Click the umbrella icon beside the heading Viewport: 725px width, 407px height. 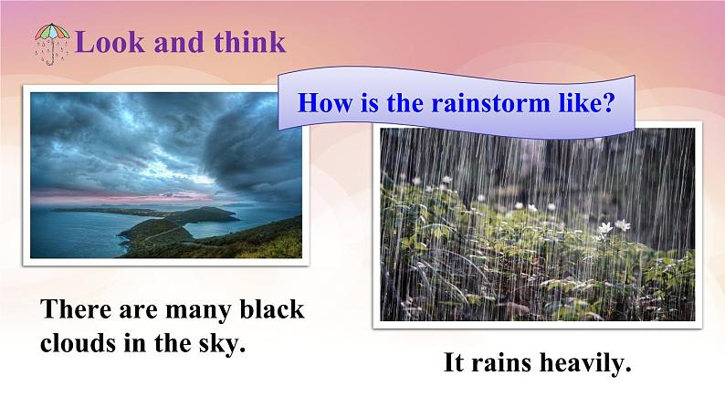point(52,43)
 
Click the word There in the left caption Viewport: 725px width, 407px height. point(74,310)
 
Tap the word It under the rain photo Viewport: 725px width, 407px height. point(455,365)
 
